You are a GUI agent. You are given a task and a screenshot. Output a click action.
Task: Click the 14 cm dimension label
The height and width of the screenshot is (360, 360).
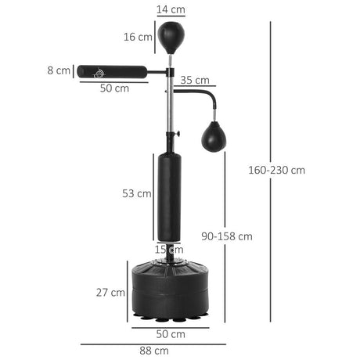[x=170, y=9]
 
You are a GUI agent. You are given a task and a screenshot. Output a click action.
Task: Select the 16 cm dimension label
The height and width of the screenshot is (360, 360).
[x=140, y=37]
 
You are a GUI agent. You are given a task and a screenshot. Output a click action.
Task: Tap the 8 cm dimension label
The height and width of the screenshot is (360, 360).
[x=58, y=70]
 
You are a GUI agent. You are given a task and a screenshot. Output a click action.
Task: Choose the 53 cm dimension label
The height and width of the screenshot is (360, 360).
[x=139, y=193]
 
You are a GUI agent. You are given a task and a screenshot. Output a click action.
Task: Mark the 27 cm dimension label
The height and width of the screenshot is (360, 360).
[x=112, y=292]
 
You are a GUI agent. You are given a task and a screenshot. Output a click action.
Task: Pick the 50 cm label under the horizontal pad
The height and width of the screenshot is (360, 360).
[x=114, y=88]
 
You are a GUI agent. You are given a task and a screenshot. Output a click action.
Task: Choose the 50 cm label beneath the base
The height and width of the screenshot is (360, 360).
[x=170, y=334]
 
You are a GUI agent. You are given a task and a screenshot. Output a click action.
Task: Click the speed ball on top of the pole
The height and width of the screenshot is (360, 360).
[x=171, y=36]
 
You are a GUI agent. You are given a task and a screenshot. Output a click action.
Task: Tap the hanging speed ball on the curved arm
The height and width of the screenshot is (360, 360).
[x=213, y=137]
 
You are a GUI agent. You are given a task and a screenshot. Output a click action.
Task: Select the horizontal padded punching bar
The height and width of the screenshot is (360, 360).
[x=112, y=70]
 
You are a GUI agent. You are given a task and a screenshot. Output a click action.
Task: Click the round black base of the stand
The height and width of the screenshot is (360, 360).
[x=170, y=290]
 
